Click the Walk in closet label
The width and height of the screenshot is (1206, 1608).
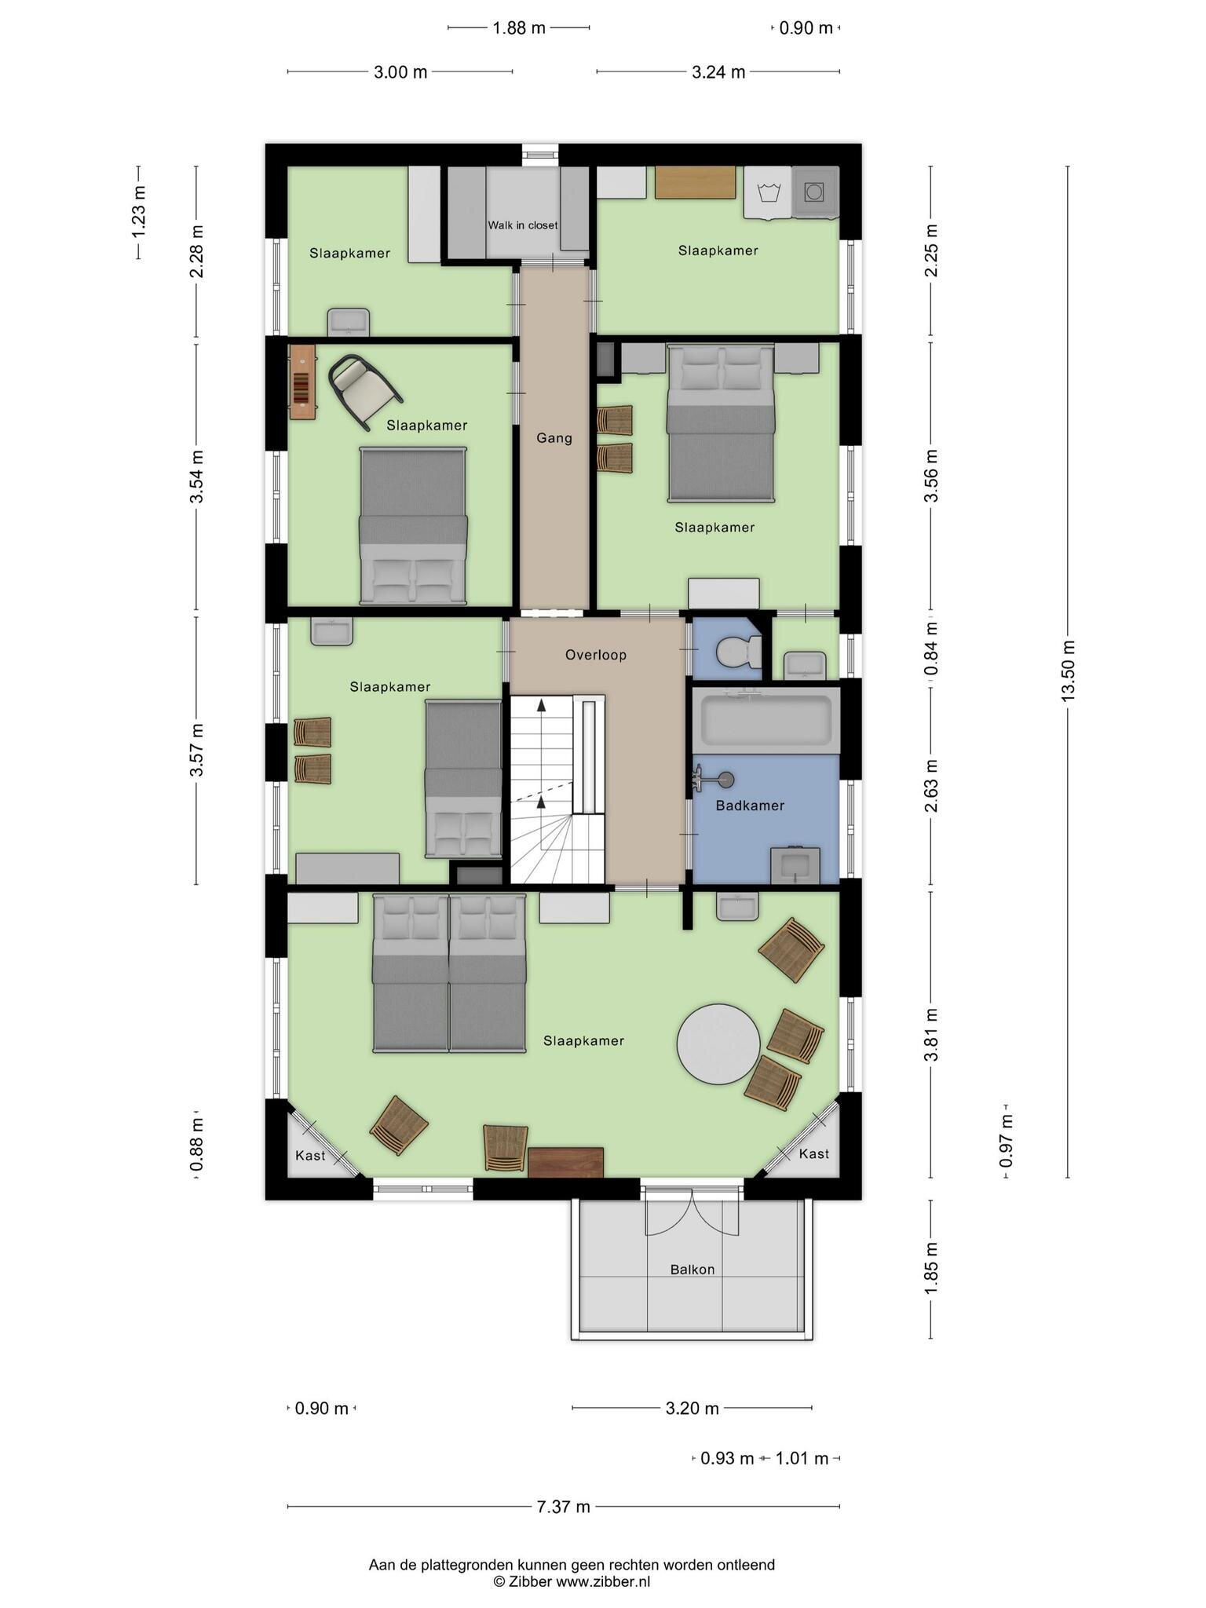pos(522,225)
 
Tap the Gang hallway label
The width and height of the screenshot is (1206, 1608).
pos(554,438)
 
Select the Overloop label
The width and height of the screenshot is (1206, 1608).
pos(596,655)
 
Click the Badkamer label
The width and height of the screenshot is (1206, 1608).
pos(750,806)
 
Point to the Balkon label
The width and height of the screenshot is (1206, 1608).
pos(693,1270)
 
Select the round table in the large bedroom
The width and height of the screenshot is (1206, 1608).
pos(718,1044)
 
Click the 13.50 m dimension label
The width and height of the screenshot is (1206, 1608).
pos(1067,671)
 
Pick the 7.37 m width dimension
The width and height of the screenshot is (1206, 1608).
pos(564,1507)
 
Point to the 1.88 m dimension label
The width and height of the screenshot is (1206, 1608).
pos(519,28)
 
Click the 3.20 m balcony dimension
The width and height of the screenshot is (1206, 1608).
pos(693,1408)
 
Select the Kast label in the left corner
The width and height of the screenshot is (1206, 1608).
pos(310,1156)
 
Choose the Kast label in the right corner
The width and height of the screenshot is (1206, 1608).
pos(813,1153)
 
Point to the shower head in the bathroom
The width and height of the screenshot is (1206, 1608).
pos(726,780)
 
